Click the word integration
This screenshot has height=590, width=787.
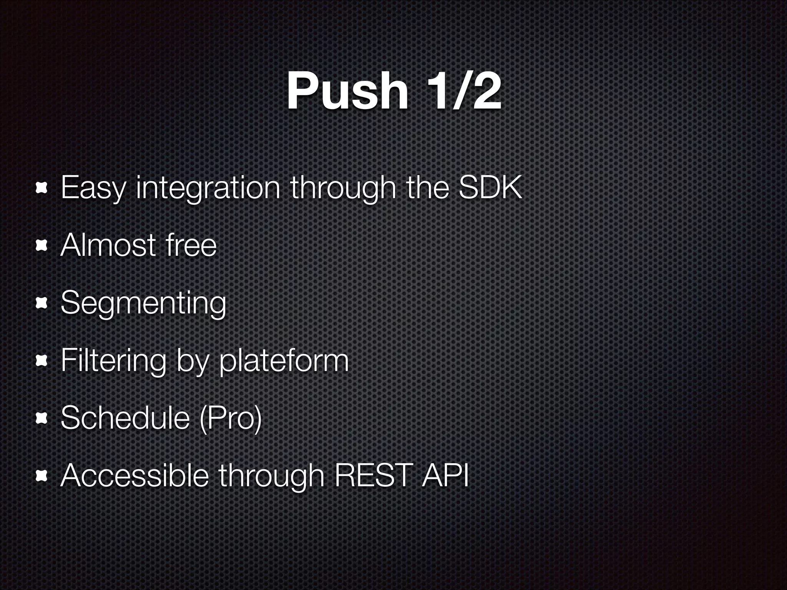[x=208, y=188]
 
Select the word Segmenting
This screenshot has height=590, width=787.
[x=143, y=303]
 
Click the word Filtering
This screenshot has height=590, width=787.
[x=114, y=361]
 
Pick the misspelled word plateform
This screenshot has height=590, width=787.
[x=284, y=361]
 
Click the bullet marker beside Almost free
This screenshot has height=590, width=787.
[x=41, y=246]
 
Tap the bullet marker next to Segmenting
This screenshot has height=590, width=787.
[x=41, y=304]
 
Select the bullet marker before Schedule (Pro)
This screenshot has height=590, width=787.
[x=41, y=419]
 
